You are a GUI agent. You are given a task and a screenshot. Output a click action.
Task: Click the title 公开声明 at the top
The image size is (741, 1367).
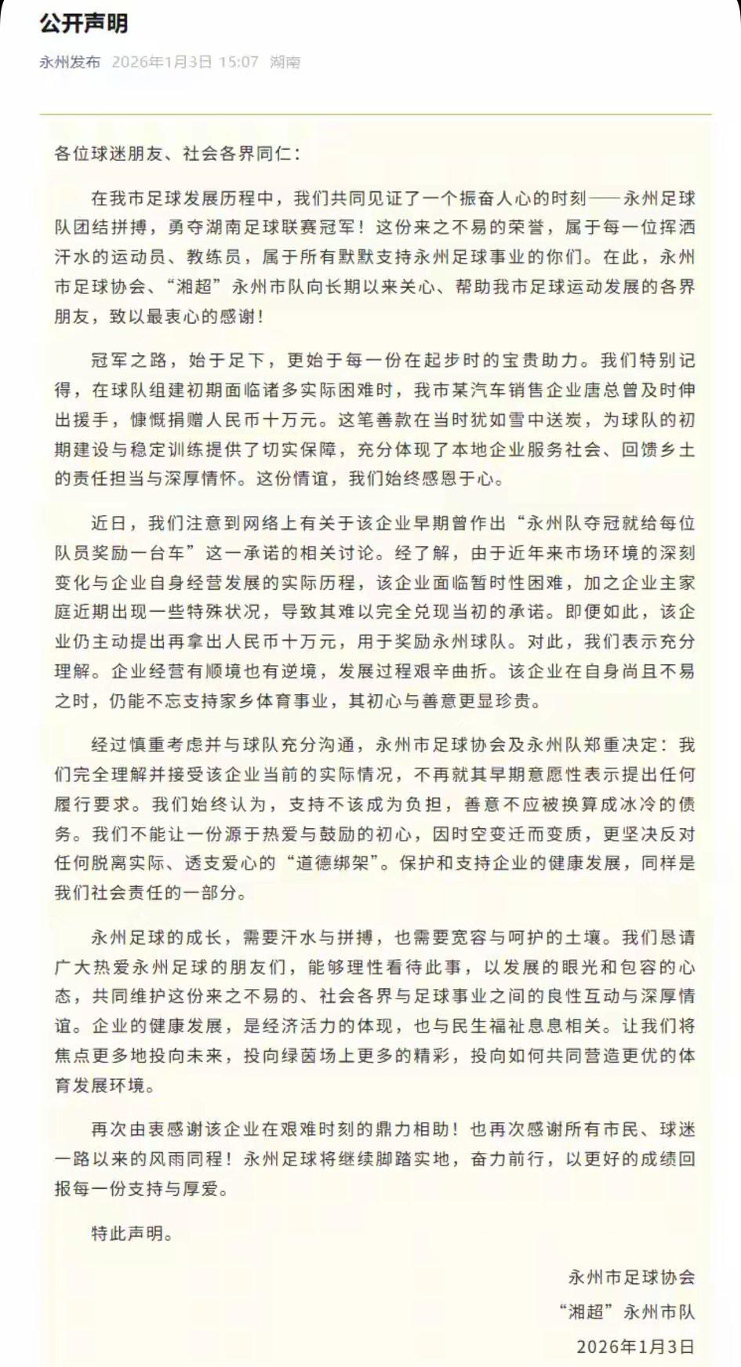(84, 24)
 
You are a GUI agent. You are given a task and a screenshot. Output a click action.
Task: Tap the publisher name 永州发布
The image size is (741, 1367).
(70, 62)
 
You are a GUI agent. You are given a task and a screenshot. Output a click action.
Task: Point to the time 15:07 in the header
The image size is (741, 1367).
(238, 62)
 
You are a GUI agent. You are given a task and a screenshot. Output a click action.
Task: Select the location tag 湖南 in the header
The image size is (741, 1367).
(285, 62)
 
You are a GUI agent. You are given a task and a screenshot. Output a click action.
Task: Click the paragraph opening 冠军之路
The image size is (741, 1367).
(129, 360)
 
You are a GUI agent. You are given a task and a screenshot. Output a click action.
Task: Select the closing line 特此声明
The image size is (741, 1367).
(129, 1234)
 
